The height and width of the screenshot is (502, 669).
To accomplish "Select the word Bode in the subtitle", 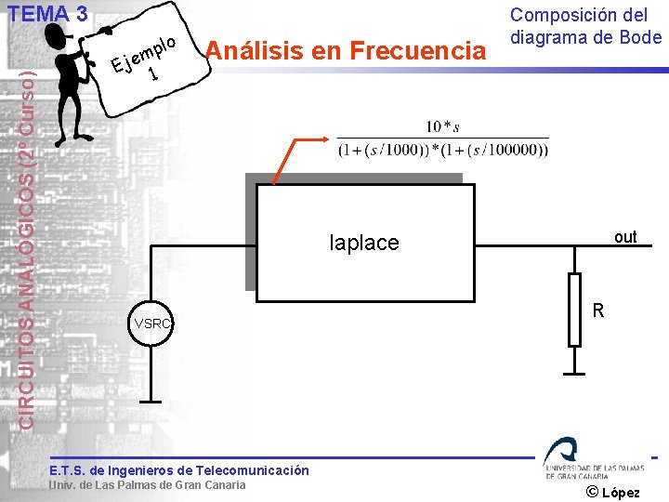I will [640, 37].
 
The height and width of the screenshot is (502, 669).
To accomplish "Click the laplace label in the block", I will [364, 243].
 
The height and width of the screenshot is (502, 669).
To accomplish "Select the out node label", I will [625, 237].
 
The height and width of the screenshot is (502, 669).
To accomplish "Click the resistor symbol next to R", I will [575, 310].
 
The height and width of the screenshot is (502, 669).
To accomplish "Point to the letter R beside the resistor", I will [598, 310].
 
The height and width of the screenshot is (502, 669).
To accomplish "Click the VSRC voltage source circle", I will [151, 324].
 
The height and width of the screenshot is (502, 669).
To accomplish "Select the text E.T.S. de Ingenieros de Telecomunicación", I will [179, 470].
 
